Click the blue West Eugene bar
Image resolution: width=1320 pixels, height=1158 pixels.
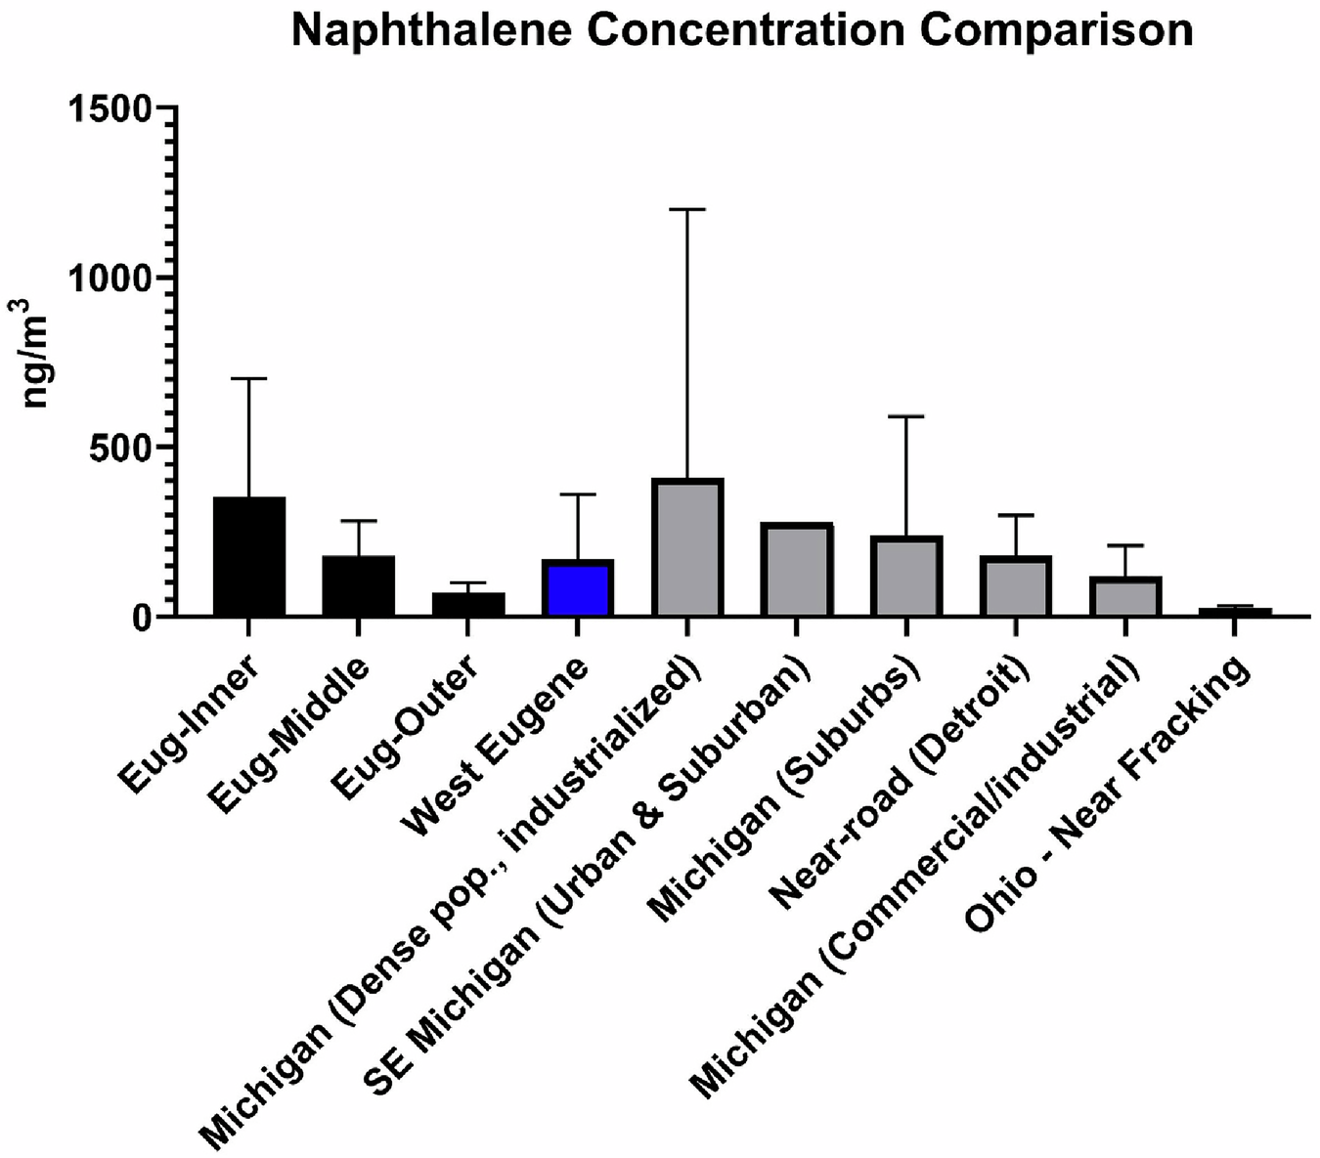click(x=578, y=588)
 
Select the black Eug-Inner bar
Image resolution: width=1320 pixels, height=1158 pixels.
click(x=249, y=557)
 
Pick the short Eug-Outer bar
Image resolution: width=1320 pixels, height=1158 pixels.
click(x=468, y=604)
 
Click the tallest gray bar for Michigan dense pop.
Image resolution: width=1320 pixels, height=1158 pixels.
click(x=687, y=547)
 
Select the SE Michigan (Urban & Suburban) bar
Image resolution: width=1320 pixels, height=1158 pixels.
click(x=797, y=571)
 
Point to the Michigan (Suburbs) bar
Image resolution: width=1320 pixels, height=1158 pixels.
click(x=906, y=577)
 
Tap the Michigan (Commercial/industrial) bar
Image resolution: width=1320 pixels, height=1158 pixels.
click(x=1125, y=596)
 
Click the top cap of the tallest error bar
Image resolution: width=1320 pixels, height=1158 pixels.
click(x=687, y=209)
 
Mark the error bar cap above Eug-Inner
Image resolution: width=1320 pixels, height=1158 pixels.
click(x=249, y=378)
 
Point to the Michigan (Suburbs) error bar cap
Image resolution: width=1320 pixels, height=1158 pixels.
click(x=906, y=416)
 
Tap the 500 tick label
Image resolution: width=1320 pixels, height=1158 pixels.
click(x=119, y=448)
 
